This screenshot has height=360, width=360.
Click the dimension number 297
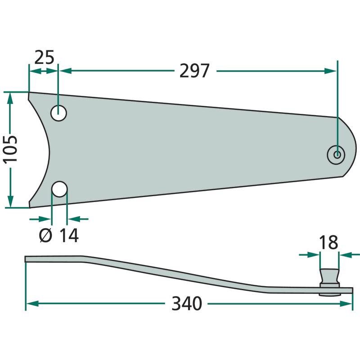[194, 71]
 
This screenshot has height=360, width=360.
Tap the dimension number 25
[44, 57]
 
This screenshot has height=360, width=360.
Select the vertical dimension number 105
[10, 150]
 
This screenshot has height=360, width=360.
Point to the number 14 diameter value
[69, 235]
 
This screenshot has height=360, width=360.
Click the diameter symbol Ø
[46, 235]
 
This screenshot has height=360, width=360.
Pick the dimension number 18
[328, 242]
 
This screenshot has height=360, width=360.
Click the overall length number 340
[187, 303]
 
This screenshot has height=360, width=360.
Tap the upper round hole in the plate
[58, 113]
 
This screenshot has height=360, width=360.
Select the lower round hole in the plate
[59, 189]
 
